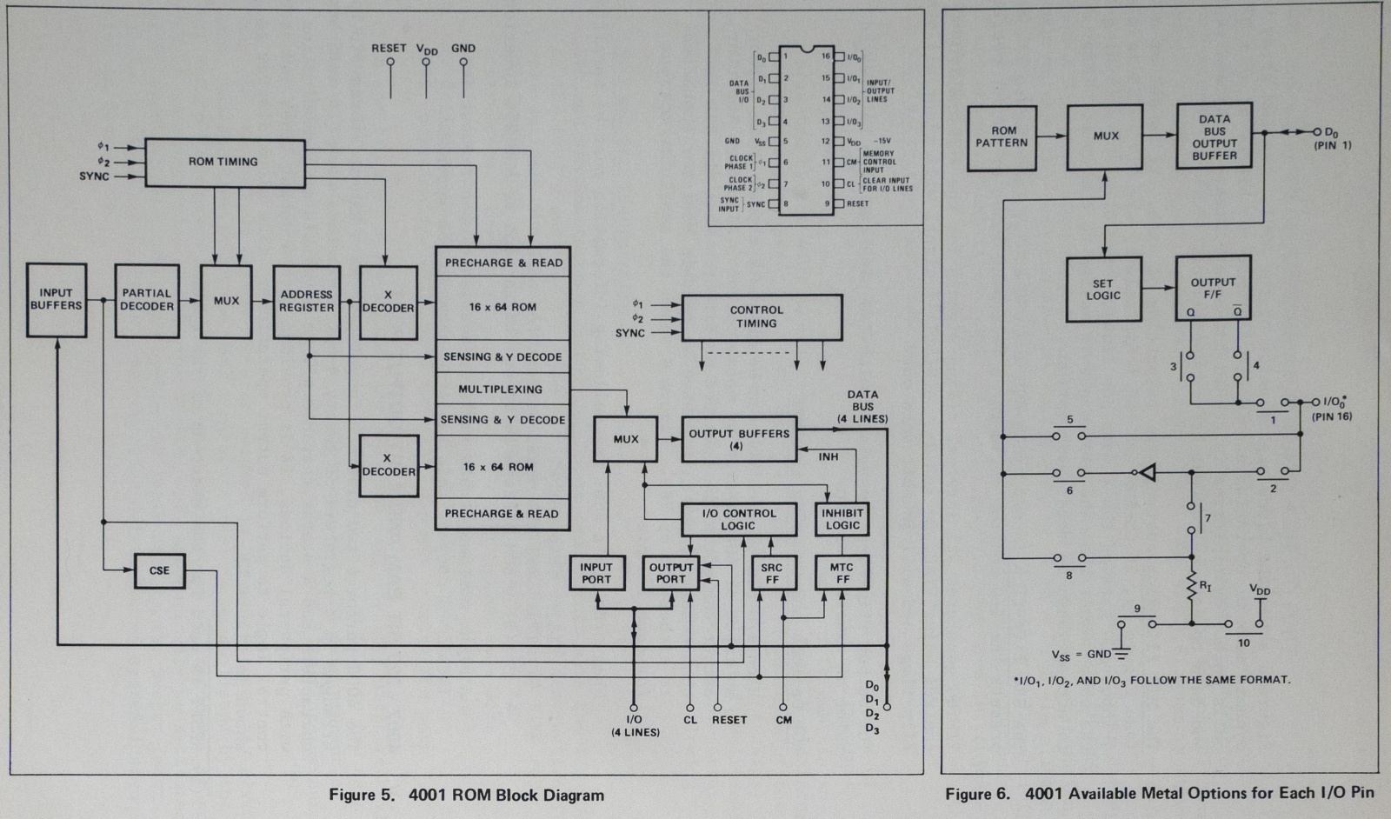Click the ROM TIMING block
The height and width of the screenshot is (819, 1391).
click(x=225, y=162)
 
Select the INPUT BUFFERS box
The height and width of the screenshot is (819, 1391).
click(x=57, y=300)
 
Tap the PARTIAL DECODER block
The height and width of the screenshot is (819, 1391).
click(x=147, y=301)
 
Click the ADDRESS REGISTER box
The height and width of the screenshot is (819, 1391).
click(x=306, y=302)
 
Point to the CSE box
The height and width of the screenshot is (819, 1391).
click(x=160, y=570)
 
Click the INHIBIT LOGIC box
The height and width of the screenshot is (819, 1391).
click(x=842, y=519)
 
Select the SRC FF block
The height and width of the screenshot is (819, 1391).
click(x=771, y=573)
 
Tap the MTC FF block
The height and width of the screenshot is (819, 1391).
click(x=842, y=573)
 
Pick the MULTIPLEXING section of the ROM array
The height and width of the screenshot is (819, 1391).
click(x=502, y=390)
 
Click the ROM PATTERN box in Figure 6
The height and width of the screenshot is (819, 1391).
click(x=1002, y=137)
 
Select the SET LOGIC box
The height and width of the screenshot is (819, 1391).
click(x=1103, y=290)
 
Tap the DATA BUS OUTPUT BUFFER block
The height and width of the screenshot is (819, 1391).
click(x=1214, y=137)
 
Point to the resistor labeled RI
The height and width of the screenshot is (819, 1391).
click(x=1192, y=588)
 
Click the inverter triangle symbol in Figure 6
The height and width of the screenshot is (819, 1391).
click(x=1148, y=473)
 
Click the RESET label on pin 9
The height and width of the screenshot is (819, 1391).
click(x=857, y=203)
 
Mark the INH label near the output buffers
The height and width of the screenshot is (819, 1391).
click(x=829, y=457)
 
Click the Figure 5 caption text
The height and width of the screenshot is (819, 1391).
click(x=466, y=795)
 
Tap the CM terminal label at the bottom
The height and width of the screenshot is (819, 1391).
click(x=783, y=720)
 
